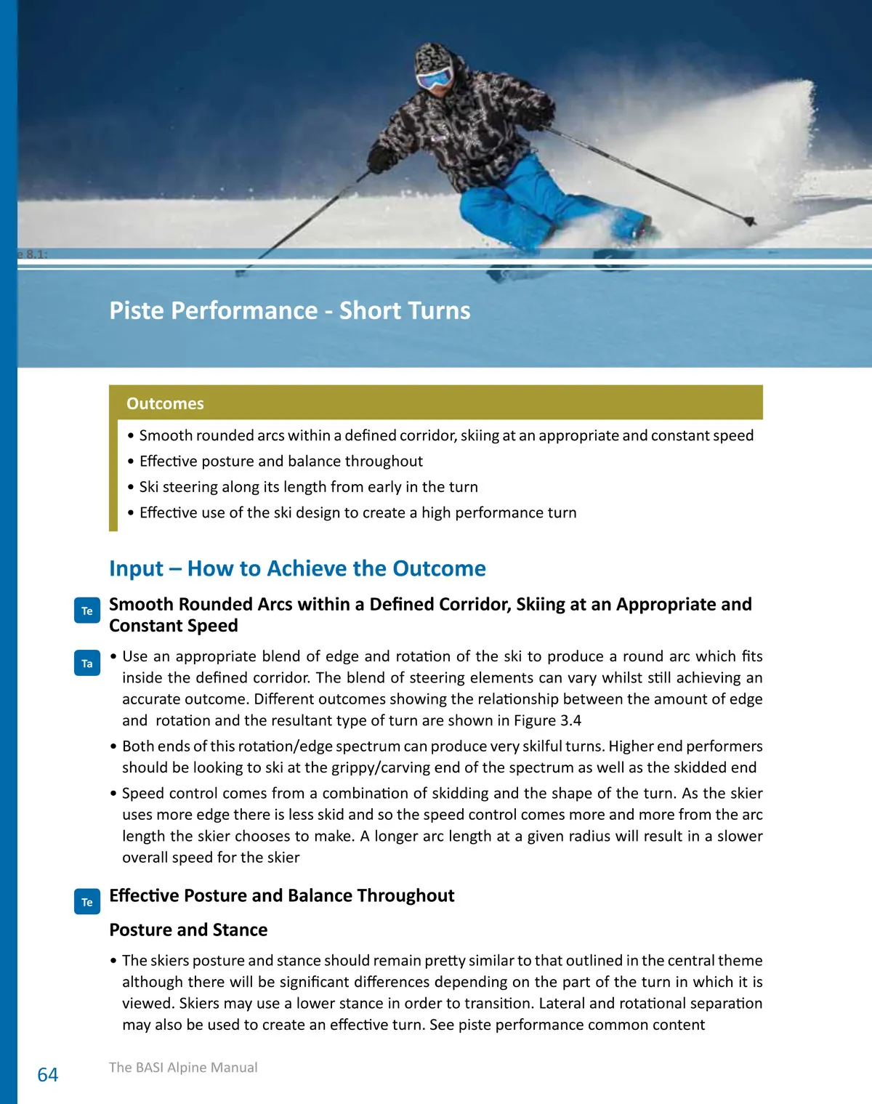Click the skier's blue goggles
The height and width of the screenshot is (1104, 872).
pos(434,77)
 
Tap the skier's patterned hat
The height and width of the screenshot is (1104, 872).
pos(432,55)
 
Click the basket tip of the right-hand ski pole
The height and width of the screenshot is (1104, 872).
pos(749,219)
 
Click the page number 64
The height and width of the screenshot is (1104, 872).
pos(48,1074)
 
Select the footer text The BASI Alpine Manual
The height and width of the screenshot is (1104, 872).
pos(183,1067)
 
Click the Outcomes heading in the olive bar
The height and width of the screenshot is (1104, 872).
pos(165,403)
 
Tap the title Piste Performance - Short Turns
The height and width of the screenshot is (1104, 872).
pos(290,310)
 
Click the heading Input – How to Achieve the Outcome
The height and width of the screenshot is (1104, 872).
pos(297,568)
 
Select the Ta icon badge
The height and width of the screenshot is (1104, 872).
pos(87,663)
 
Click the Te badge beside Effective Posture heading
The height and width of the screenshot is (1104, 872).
pos(87,902)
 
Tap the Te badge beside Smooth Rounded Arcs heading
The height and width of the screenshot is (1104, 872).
pos(87,611)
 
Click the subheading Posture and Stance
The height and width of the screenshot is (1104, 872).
pos(188,930)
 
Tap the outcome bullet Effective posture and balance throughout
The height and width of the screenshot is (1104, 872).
pos(280,461)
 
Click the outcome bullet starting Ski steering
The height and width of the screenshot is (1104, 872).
pos(308,487)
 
